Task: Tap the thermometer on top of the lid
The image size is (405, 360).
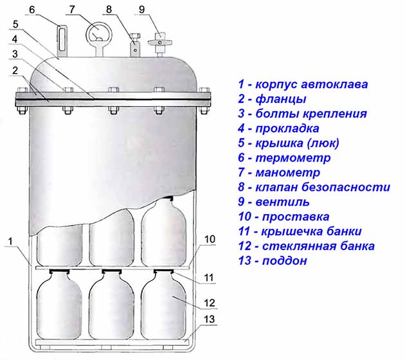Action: point(62,40)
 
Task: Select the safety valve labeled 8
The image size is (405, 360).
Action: point(135,44)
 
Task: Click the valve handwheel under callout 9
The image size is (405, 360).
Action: point(160,42)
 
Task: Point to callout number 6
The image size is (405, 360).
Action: point(32,10)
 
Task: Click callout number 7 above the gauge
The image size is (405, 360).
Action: point(72,10)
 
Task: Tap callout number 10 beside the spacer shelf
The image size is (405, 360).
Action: point(210,239)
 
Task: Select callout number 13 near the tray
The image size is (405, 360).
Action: point(209,319)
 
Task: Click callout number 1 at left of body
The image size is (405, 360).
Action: point(10,242)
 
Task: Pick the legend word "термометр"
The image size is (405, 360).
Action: point(293,157)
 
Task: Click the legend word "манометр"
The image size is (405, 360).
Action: point(288,172)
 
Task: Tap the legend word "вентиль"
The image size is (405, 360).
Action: point(282,202)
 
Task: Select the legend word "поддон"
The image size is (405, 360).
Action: point(285,260)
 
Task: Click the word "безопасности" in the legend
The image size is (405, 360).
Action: point(346,186)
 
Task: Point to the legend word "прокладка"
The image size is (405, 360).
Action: point(287,129)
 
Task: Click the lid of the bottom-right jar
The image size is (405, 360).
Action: point(163,271)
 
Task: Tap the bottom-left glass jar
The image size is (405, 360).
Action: point(59,305)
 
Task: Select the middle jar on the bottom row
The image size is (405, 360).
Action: point(112,305)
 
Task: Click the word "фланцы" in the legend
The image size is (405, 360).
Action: point(281,100)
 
